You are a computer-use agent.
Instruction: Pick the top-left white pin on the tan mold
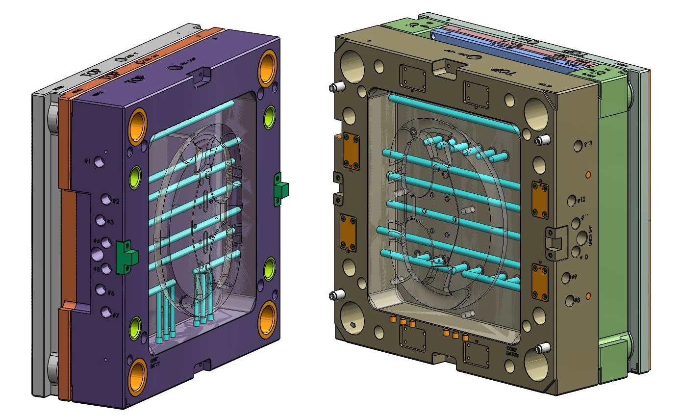click(x=335, y=87)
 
